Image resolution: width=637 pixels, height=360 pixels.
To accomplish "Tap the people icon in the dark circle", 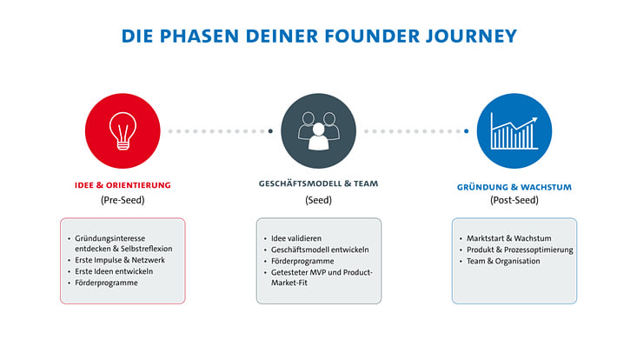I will click(318, 130).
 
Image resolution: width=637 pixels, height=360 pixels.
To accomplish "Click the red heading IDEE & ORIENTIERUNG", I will click(122, 185).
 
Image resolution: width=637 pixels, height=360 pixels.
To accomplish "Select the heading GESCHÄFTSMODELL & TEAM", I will click(318, 184).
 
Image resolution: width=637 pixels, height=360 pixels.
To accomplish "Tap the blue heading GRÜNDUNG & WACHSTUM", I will click(514, 187).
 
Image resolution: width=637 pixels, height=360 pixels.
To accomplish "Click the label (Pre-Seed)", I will click(122, 200).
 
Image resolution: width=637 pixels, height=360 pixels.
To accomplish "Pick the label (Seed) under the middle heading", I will click(318, 200).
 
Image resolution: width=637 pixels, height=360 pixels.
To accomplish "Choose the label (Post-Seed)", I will click(514, 200).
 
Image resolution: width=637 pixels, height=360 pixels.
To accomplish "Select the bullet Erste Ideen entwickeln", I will click(115, 271).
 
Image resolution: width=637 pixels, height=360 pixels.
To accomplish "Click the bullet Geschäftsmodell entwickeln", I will click(321, 249).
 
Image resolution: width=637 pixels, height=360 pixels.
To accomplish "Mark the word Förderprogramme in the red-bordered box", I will click(106, 283).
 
